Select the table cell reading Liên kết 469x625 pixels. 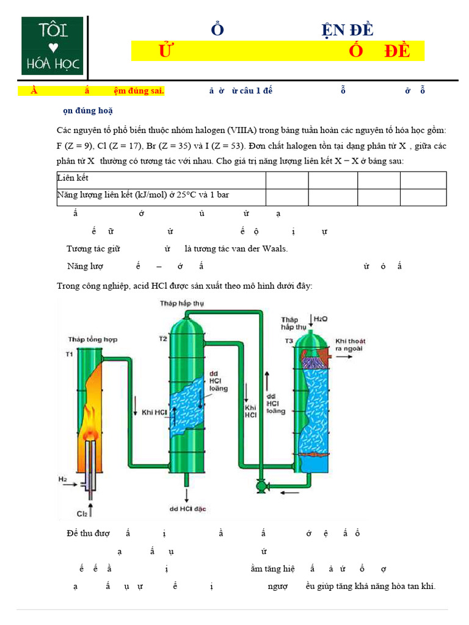pyautogui.click(x=73, y=178)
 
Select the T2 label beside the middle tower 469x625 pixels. pyautogui.click(x=162, y=338)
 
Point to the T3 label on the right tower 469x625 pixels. pyautogui.click(x=288, y=341)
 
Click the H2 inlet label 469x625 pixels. pyautogui.click(x=63, y=479)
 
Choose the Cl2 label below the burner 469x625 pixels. pyautogui.click(x=79, y=513)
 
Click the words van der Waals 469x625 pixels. pyautogui.click(x=257, y=249)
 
